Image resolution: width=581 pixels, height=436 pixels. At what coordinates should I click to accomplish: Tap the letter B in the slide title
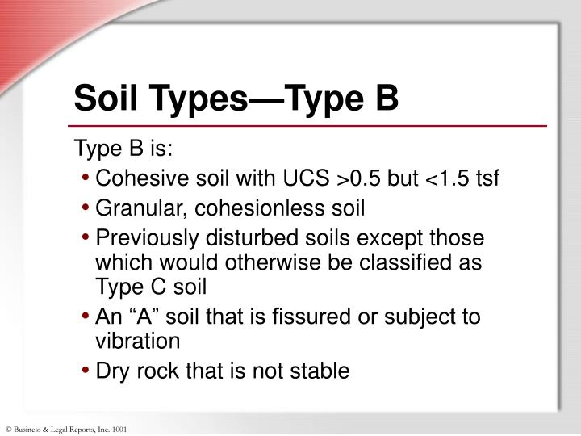[385, 99]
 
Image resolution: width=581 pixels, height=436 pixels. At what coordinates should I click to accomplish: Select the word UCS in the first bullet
[304, 178]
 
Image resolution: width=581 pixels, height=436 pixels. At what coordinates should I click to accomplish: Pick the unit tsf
[488, 178]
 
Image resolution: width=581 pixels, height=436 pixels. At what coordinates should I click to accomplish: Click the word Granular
[134, 208]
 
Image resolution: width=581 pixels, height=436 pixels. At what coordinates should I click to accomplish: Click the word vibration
[137, 341]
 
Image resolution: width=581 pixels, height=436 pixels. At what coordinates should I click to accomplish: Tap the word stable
[322, 371]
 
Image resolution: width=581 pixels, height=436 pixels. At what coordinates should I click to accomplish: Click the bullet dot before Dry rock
[86, 371]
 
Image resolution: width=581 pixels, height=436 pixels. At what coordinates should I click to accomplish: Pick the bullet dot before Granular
[86, 209]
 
